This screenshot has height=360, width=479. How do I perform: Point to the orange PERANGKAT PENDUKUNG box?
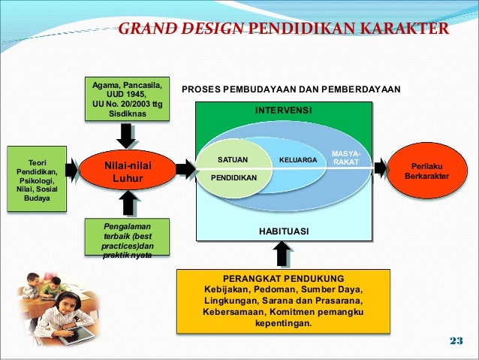click(283, 300)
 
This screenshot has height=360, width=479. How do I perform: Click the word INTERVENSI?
click(283, 110)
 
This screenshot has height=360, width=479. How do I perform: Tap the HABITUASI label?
click(283, 231)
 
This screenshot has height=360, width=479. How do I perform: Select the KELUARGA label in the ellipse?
click(298, 160)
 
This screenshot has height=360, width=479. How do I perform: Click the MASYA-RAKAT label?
click(346, 158)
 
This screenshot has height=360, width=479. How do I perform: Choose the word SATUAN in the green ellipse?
click(232, 160)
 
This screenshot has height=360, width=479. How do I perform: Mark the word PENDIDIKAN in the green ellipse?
click(233, 178)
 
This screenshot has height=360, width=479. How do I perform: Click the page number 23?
click(456, 342)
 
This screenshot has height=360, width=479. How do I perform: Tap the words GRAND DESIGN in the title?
click(180, 29)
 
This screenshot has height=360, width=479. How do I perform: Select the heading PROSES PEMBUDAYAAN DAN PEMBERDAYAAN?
click(291, 89)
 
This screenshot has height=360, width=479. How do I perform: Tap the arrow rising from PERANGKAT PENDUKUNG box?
click(283, 254)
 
